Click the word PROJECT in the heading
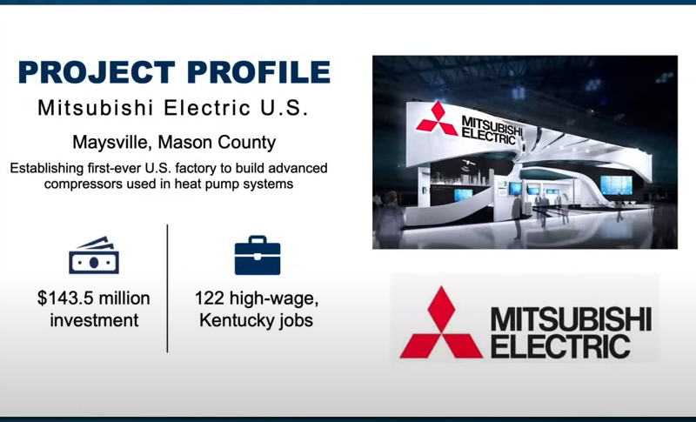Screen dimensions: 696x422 pyautogui.click(x=97, y=72)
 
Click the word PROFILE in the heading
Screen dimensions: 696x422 pyautogui.click(x=258, y=72)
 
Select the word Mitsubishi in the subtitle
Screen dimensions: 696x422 pyautogui.click(x=96, y=108)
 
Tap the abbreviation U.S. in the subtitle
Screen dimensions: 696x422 pyautogui.click(x=284, y=108)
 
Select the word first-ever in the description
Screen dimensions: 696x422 pyautogui.click(x=110, y=168)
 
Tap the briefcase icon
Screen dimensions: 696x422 pyautogui.click(x=258, y=255)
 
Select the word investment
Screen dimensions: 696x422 pyautogui.click(x=94, y=320)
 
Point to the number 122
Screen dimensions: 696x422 pyautogui.click(x=210, y=298)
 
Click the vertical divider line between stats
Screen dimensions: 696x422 pyautogui.click(x=167, y=288)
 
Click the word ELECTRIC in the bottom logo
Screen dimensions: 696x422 pyautogui.click(x=560, y=346)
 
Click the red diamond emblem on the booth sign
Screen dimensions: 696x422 pyautogui.click(x=437, y=117)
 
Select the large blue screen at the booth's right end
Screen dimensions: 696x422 pyautogui.click(x=616, y=185)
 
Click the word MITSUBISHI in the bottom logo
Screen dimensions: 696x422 pyautogui.click(x=572, y=319)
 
